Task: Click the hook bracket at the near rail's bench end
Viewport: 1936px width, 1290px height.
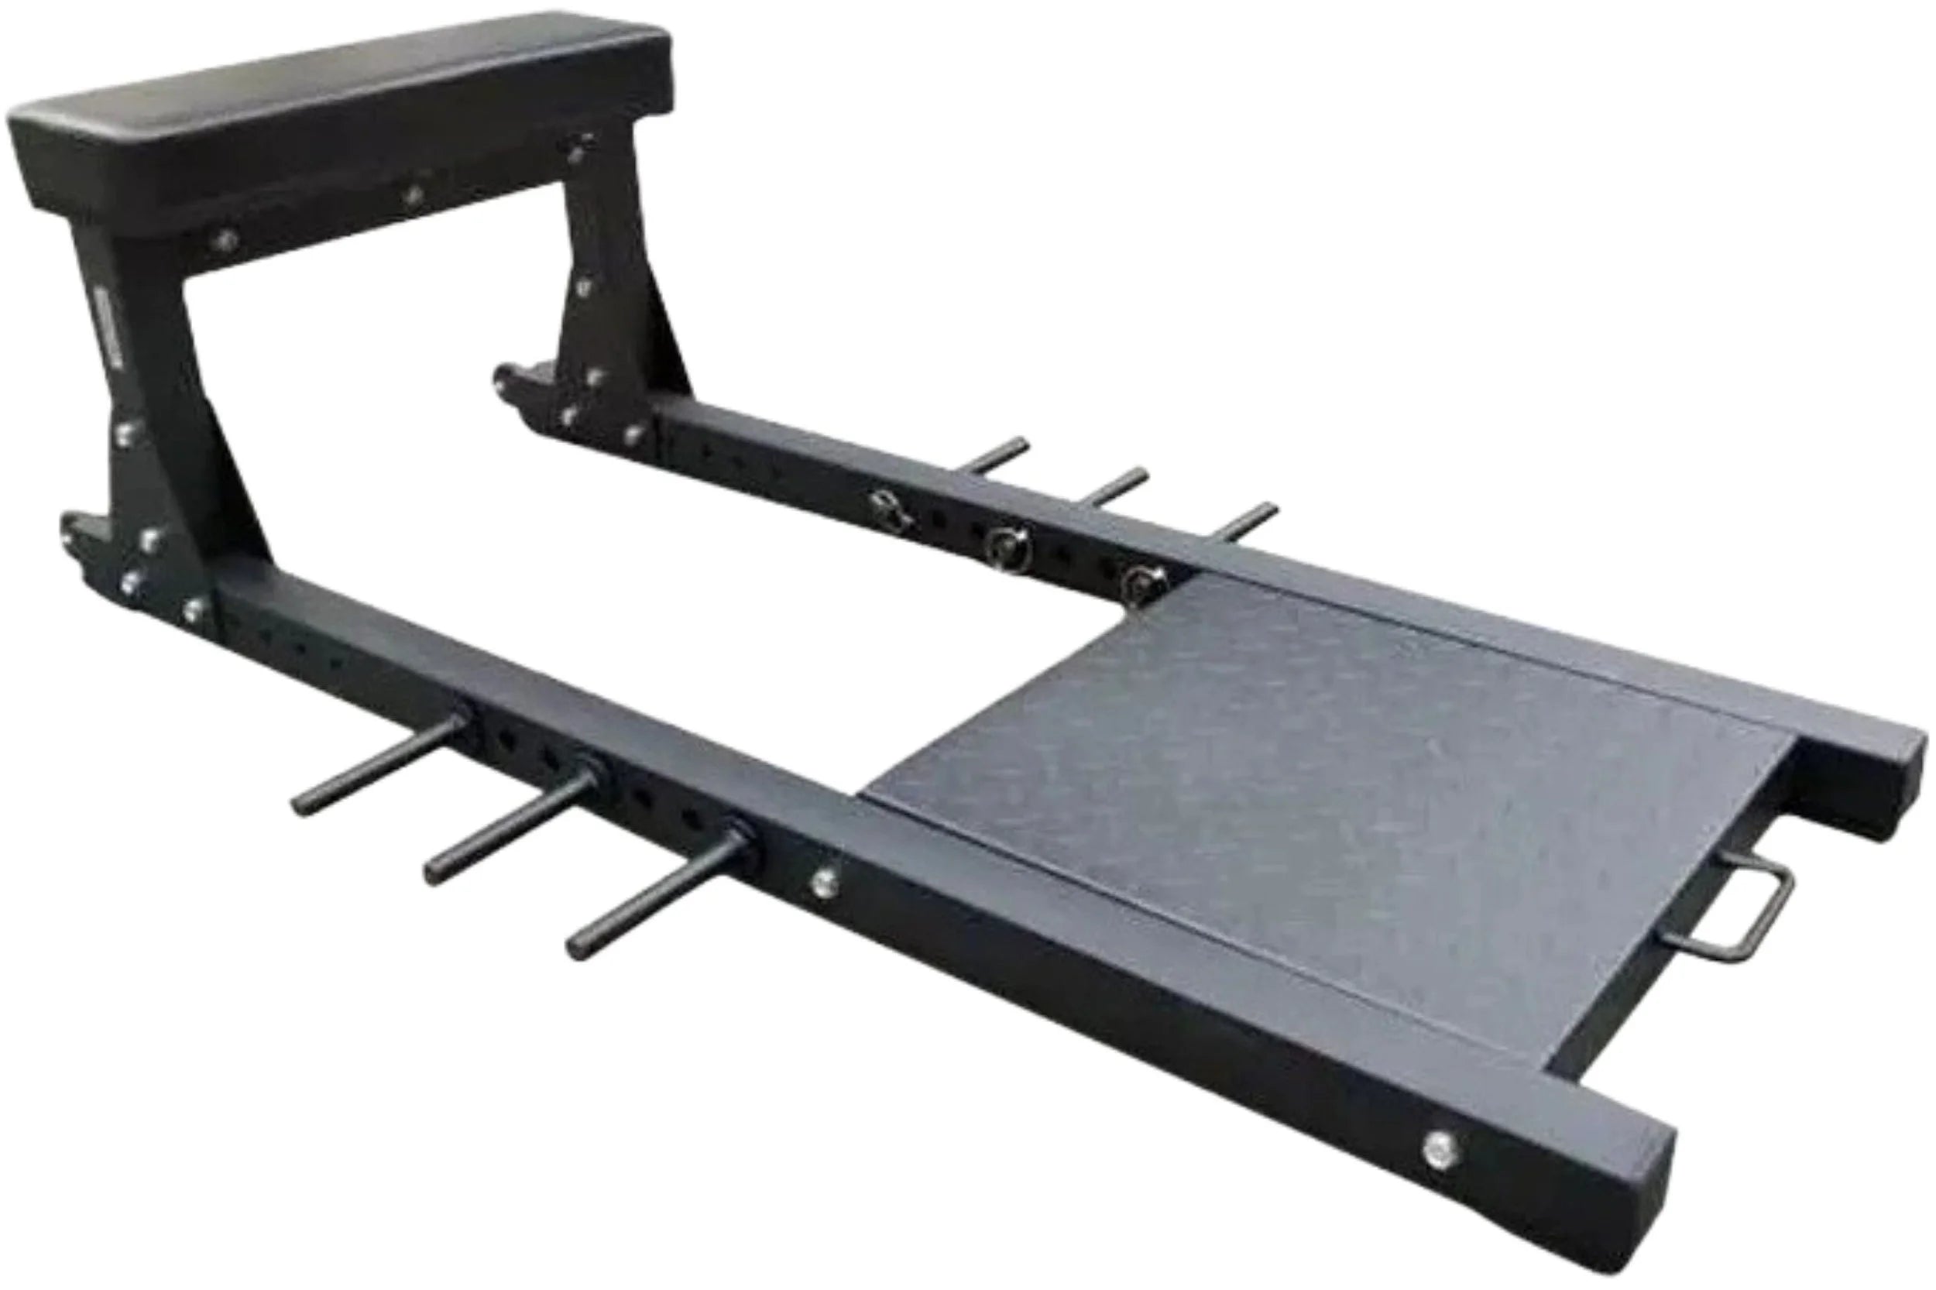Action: [82, 535]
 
